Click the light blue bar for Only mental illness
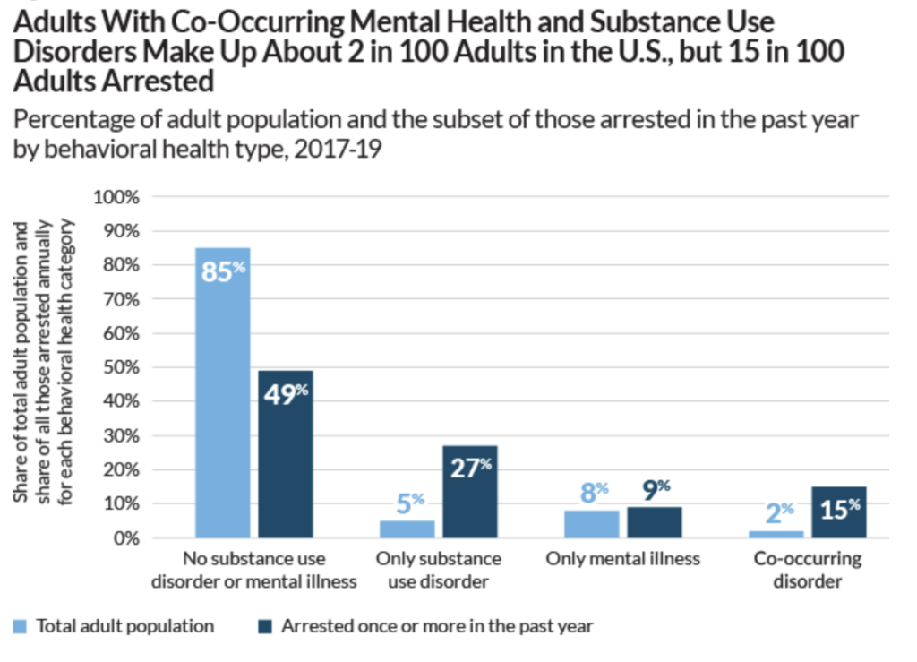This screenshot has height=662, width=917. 592,524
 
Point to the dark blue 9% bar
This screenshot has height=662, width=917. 655,522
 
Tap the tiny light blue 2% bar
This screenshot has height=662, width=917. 776,535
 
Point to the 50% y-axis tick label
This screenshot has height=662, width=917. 121,367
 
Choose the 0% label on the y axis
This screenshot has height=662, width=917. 125,538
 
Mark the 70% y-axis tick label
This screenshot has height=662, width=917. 121,299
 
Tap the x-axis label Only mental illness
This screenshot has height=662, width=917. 623,559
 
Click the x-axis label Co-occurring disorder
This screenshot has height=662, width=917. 808,570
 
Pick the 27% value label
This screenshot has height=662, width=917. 470,468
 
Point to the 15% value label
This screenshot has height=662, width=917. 840,508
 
